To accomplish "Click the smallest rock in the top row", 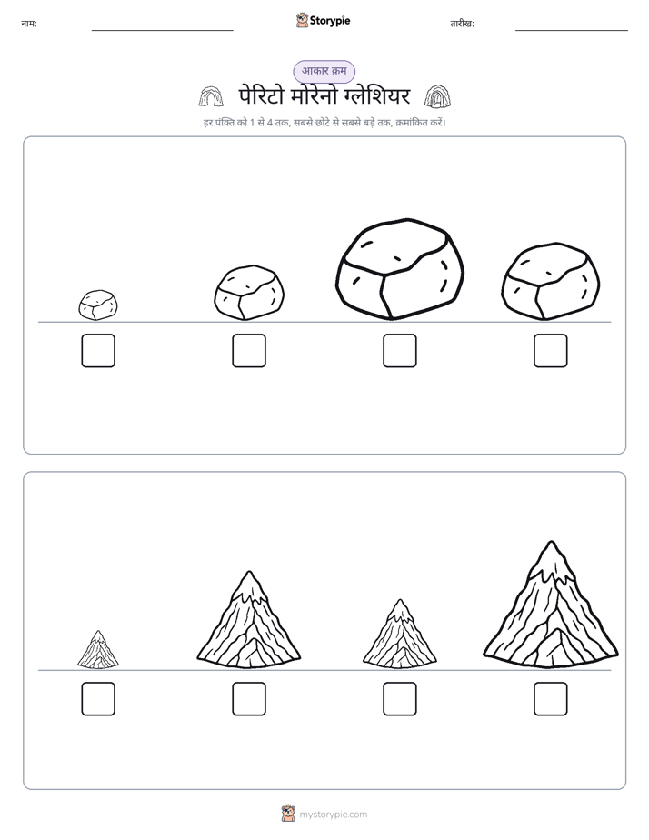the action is (x=98, y=305).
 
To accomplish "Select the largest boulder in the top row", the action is (x=399, y=268).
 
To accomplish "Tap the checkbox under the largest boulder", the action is (x=399, y=351).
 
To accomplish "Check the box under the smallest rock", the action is (x=98, y=351).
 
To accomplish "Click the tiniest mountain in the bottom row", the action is (x=98, y=650).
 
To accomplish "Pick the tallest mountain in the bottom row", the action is (x=551, y=605).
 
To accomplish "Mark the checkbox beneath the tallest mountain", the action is (x=551, y=699).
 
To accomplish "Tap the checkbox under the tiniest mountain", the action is (x=98, y=699).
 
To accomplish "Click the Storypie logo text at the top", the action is (x=330, y=21).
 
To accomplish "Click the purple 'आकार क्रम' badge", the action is (x=324, y=71).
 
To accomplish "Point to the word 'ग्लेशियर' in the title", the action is (x=376, y=96).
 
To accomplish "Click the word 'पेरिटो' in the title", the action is (x=260, y=96).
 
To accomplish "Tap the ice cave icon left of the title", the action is (x=211, y=96).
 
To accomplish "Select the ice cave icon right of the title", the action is (x=437, y=96).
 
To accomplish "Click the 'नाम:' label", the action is (x=29, y=24).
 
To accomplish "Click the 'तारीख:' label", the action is (x=462, y=24).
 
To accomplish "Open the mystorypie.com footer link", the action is (x=333, y=815).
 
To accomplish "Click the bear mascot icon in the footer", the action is (x=288, y=814).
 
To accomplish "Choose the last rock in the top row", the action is (x=551, y=281).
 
